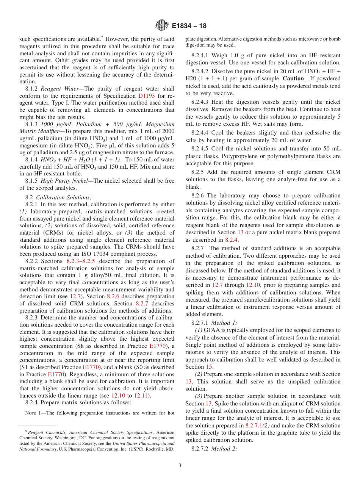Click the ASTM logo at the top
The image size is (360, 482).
tap(162, 26)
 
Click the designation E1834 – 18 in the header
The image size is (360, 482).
tap(189, 26)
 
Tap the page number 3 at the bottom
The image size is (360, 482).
tap(180, 465)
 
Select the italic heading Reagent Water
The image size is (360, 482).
tap(59, 89)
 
